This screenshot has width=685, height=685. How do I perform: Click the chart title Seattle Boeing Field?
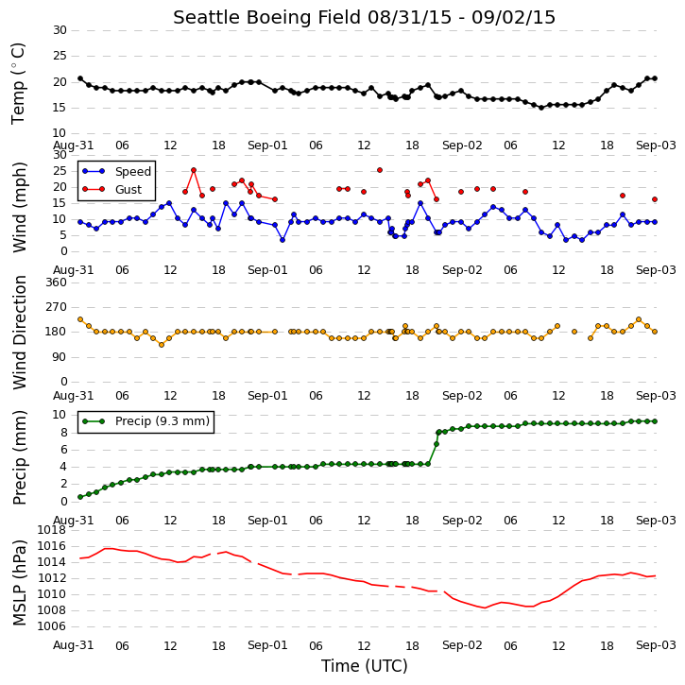(267, 17)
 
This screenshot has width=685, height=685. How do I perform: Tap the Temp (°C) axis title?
(18, 83)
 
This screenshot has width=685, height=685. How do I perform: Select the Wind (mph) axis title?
(19, 207)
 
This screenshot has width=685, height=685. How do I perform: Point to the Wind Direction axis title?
(19, 333)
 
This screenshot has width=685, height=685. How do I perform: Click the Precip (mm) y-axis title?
(19, 458)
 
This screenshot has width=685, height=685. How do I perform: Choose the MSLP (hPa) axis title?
(19, 583)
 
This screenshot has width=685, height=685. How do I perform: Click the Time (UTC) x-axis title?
(365, 666)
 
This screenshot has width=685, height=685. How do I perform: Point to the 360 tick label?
(57, 283)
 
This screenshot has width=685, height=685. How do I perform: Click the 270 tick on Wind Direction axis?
(57, 307)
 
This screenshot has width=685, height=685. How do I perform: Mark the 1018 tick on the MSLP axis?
(52, 530)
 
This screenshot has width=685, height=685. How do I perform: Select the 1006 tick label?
(52, 626)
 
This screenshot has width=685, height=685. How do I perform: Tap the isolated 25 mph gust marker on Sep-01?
(380, 170)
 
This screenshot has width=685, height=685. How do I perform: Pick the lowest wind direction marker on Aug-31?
(162, 345)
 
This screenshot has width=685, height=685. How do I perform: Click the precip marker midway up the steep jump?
(436, 444)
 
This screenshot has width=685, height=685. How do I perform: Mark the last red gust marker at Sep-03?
(655, 199)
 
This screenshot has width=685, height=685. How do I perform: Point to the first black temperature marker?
(80, 78)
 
